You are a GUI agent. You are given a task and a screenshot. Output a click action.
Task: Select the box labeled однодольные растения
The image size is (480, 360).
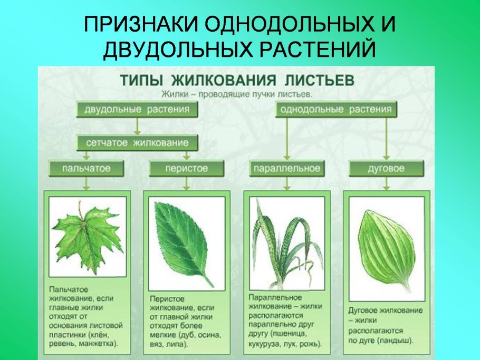pos(337,110)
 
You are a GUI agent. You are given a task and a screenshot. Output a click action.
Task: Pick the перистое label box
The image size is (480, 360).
pos(186,169)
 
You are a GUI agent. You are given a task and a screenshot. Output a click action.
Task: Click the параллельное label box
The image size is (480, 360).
pos(286,169)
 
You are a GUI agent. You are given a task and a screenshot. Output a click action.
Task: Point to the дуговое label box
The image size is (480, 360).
pos(386,169)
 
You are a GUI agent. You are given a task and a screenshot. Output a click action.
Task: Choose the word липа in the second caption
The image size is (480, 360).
pos(177,345)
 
